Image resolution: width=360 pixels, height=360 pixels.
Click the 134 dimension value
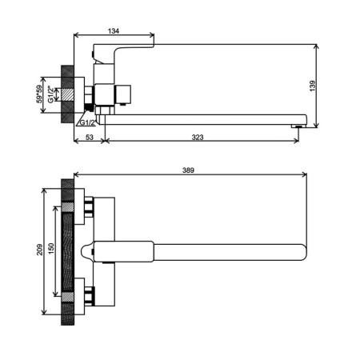tap(114, 31)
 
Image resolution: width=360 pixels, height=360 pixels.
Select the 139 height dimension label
tap(313, 86)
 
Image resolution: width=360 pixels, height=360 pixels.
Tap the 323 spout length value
tap(198, 138)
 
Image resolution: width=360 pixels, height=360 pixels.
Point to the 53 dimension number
tap(90, 138)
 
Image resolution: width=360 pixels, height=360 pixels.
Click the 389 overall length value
tap(188, 170)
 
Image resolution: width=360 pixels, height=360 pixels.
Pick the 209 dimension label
tap(40, 250)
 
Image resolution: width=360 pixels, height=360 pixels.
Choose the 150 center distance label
tap(51, 249)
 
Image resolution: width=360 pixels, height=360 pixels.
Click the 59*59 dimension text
tap(40, 94)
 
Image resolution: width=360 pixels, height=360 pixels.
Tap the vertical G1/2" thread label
tap(50, 94)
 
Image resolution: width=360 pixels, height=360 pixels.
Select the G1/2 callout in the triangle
tap(87, 122)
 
